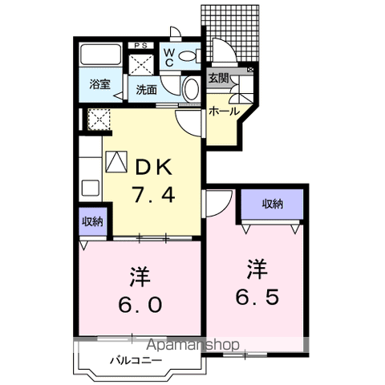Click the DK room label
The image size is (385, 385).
coord(154,167)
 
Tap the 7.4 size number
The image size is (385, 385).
coord(153,194)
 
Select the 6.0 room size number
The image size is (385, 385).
coord(140,305)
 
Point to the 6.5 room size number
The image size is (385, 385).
coord(257,297)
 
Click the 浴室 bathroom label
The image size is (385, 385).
coord(99,84)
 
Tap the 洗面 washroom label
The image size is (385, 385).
coord(146,90)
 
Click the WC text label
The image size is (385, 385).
coord(169,58)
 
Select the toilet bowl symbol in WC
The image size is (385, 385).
coord(190,56)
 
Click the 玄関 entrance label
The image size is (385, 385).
coord(219,79)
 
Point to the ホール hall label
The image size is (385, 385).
coord(224,111)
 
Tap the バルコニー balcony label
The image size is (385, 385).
coord(136,361)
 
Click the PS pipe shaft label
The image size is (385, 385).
coord(141,46)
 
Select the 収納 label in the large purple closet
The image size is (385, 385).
coord(272,205)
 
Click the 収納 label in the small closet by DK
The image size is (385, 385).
coord(92,221)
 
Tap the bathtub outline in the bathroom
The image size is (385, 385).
coord(101,55)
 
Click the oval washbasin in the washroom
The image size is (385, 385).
coord(192,89)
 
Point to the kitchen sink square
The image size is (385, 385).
coord(91,188)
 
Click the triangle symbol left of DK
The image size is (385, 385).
coord(116,161)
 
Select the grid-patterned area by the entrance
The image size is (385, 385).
coord(230,34)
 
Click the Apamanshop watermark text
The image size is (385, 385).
coord(192,345)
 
